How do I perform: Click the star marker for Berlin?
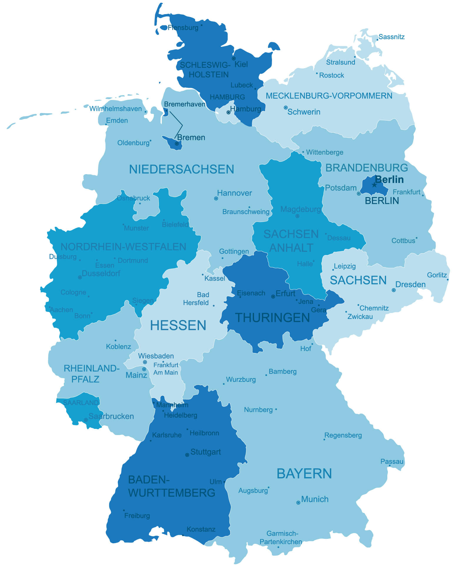click(x=374, y=185)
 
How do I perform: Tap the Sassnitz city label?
click(x=391, y=37)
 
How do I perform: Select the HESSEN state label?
click(x=178, y=325)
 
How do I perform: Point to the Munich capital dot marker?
click(x=298, y=503)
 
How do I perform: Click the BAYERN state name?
click(x=304, y=474)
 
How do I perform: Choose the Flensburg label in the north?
click(x=183, y=28)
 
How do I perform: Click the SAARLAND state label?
click(x=81, y=402)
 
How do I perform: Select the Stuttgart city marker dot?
click(x=187, y=455)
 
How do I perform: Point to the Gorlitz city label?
click(x=437, y=275)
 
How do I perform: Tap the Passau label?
click(x=392, y=461)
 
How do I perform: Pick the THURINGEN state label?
click(x=272, y=318)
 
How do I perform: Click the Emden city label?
click(x=117, y=120)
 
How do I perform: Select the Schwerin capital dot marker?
click(x=285, y=108)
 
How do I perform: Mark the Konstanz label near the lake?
click(x=201, y=529)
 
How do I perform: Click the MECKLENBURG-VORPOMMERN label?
click(x=329, y=96)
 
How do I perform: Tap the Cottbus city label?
click(x=403, y=241)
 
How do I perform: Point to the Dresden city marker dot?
click(x=393, y=290)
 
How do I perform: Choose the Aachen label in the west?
click(x=61, y=310)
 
